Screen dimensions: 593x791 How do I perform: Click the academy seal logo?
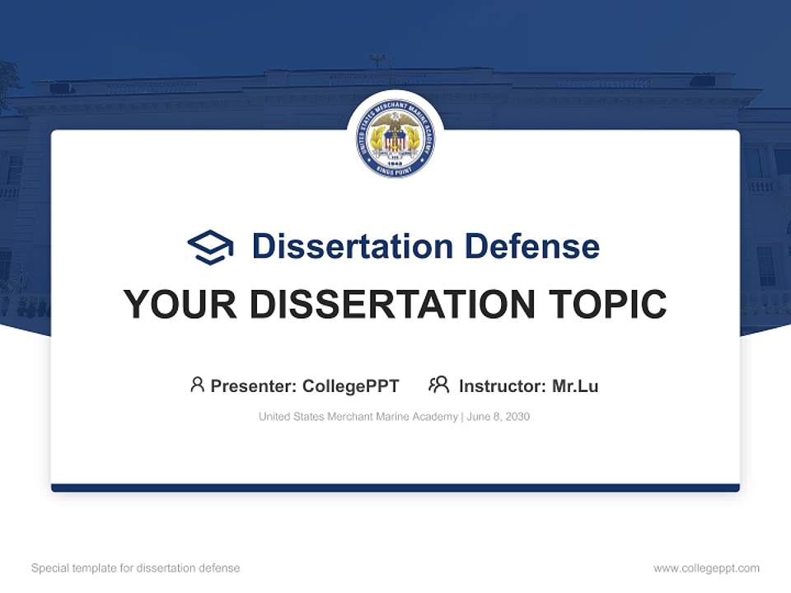(x=395, y=138)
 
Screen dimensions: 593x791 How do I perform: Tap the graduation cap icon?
(x=210, y=247)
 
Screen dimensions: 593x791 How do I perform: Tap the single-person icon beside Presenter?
(x=197, y=385)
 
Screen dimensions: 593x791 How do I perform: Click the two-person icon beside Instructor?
(x=439, y=385)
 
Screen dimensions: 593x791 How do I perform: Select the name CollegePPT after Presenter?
(x=351, y=386)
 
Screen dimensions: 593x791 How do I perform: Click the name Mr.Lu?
(x=575, y=386)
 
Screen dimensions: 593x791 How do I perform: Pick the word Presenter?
(x=254, y=386)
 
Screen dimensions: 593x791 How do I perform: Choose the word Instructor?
(x=502, y=386)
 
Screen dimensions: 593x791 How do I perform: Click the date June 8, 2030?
(x=498, y=417)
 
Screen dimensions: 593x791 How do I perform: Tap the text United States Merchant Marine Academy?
(x=358, y=417)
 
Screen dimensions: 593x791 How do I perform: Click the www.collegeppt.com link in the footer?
(x=706, y=568)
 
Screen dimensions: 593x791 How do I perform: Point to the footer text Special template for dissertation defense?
(x=136, y=568)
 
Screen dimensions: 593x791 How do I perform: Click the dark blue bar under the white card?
(x=395, y=488)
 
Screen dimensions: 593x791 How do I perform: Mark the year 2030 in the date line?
(x=517, y=417)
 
